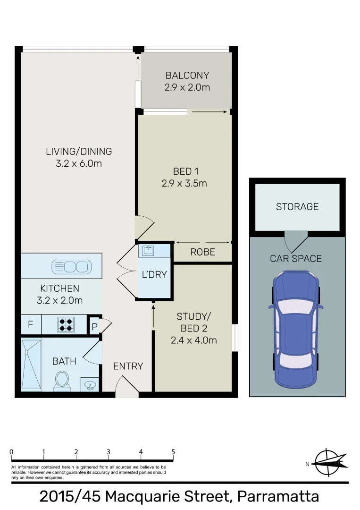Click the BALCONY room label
coord(187,76)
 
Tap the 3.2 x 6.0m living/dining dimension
coord(79,164)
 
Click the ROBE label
coord(202,252)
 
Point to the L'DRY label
coord(154,274)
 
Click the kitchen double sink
coord(71,266)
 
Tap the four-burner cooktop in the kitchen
coord(66,324)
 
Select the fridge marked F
coord(31,325)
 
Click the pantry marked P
coord(94,326)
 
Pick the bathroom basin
coord(90,385)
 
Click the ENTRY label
coord(128,366)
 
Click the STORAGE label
coord(297,207)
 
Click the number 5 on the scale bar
coord(173,452)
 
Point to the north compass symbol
coord(330,462)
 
